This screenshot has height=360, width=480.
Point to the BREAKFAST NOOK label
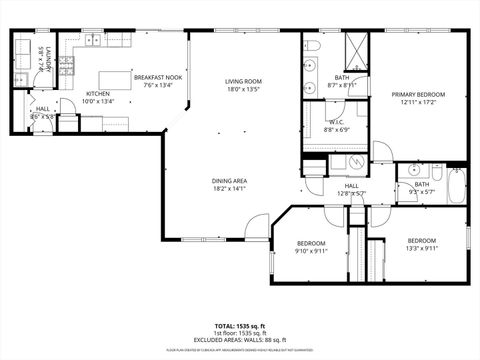(x=159, y=78)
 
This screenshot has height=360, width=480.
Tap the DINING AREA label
(x=229, y=180)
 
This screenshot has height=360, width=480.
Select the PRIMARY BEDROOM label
(x=418, y=94)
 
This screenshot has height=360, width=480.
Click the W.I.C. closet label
(x=335, y=122)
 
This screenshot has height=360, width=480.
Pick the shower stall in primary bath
(x=357, y=50)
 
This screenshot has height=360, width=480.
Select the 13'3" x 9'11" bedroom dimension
(x=421, y=248)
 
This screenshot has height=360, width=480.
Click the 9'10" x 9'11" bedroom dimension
(x=311, y=251)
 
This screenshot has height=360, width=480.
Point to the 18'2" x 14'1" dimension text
(x=229, y=188)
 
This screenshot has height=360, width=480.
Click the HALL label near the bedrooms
(x=352, y=185)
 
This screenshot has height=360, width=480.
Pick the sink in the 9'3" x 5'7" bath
(x=410, y=171)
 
